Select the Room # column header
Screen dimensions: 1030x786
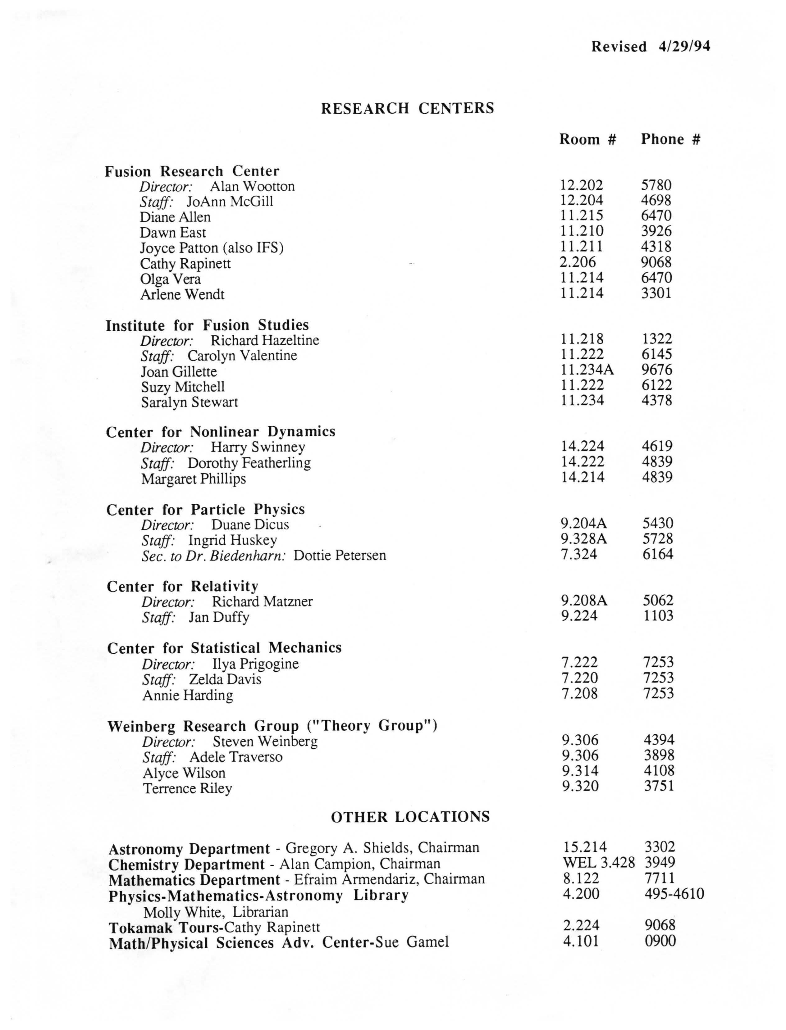point(587,139)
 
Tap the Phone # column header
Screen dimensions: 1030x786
point(670,139)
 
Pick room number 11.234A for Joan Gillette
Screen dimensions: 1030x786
point(587,370)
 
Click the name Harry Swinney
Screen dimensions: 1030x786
point(258,447)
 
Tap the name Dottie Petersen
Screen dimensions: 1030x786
point(340,556)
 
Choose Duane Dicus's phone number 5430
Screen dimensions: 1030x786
point(657,523)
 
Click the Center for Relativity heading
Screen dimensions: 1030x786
point(182,586)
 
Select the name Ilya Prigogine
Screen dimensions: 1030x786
point(255,664)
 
